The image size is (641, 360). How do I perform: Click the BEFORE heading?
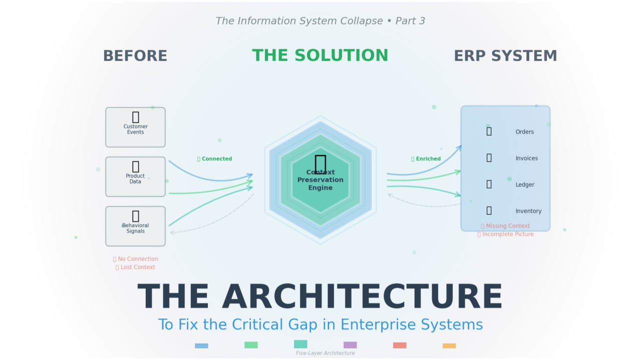(135, 56)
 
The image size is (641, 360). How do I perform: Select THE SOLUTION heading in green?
(320, 56)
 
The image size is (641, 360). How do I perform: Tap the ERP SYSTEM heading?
(505, 56)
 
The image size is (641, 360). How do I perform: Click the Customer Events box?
(135, 127)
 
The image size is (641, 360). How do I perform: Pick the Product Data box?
(135, 177)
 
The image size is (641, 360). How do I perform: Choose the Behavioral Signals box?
(135, 226)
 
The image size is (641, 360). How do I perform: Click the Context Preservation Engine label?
(320, 180)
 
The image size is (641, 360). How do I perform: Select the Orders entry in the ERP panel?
(524, 132)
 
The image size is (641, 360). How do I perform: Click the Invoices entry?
(526, 158)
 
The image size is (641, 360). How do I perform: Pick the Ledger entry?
(525, 185)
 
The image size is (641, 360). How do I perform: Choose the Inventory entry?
(528, 211)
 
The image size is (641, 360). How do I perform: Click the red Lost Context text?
(137, 267)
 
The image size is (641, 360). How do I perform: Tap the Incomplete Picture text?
(507, 234)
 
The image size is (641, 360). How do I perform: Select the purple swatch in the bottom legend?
(350, 345)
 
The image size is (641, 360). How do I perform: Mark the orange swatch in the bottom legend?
(449, 345)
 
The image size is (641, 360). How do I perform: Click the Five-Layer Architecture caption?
(325, 353)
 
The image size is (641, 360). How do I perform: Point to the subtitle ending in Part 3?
(320, 21)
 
